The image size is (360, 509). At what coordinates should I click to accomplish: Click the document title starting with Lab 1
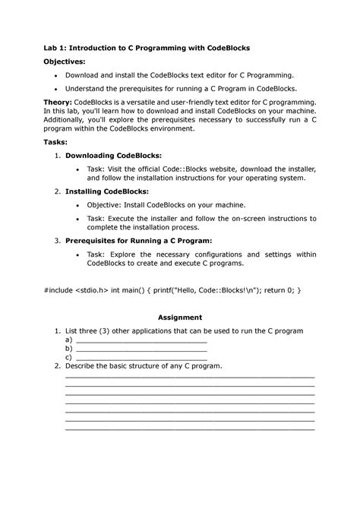click(146, 47)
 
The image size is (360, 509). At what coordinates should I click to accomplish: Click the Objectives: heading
click(63, 62)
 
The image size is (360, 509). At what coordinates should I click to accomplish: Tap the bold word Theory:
click(62, 101)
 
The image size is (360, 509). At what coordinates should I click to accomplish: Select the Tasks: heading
click(56, 141)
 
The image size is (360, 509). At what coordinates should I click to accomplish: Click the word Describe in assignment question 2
click(84, 365)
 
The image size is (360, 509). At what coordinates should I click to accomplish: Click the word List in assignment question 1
click(73, 332)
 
